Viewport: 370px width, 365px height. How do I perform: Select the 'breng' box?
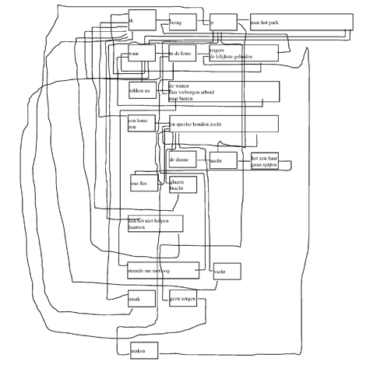tap(182, 22)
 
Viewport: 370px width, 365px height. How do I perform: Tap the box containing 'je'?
tap(223, 23)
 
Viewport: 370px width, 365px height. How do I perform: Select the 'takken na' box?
tap(143, 91)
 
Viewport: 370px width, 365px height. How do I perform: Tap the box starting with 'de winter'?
tap(223, 91)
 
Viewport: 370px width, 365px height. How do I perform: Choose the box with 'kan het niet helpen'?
tap(155, 223)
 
